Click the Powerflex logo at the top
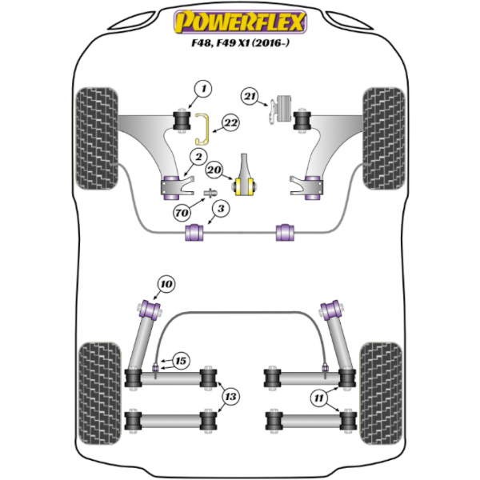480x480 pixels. tap(240, 22)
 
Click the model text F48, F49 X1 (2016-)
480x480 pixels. tap(240, 43)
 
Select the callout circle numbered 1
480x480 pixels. tap(203, 89)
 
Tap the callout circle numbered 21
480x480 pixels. tap(250, 97)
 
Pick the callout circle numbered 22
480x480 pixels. tap(230, 123)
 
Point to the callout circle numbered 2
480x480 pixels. tap(198, 158)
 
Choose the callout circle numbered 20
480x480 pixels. tap(214, 170)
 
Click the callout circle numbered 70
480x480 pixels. tap(182, 212)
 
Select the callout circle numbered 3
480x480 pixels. tap(221, 209)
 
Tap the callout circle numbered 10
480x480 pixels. tap(166, 284)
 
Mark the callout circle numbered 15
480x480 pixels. tap(181, 361)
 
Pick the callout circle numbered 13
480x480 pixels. tap(230, 397)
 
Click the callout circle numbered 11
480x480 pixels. tap(318, 398)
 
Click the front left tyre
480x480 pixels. tap(97, 138)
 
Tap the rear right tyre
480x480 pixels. tap(381, 394)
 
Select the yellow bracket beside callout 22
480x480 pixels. tap(202, 129)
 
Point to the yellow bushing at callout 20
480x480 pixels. tap(245, 187)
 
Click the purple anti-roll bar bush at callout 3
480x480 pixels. tap(194, 233)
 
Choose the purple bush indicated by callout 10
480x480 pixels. tap(150, 310)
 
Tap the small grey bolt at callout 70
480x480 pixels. tap(210, 193)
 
